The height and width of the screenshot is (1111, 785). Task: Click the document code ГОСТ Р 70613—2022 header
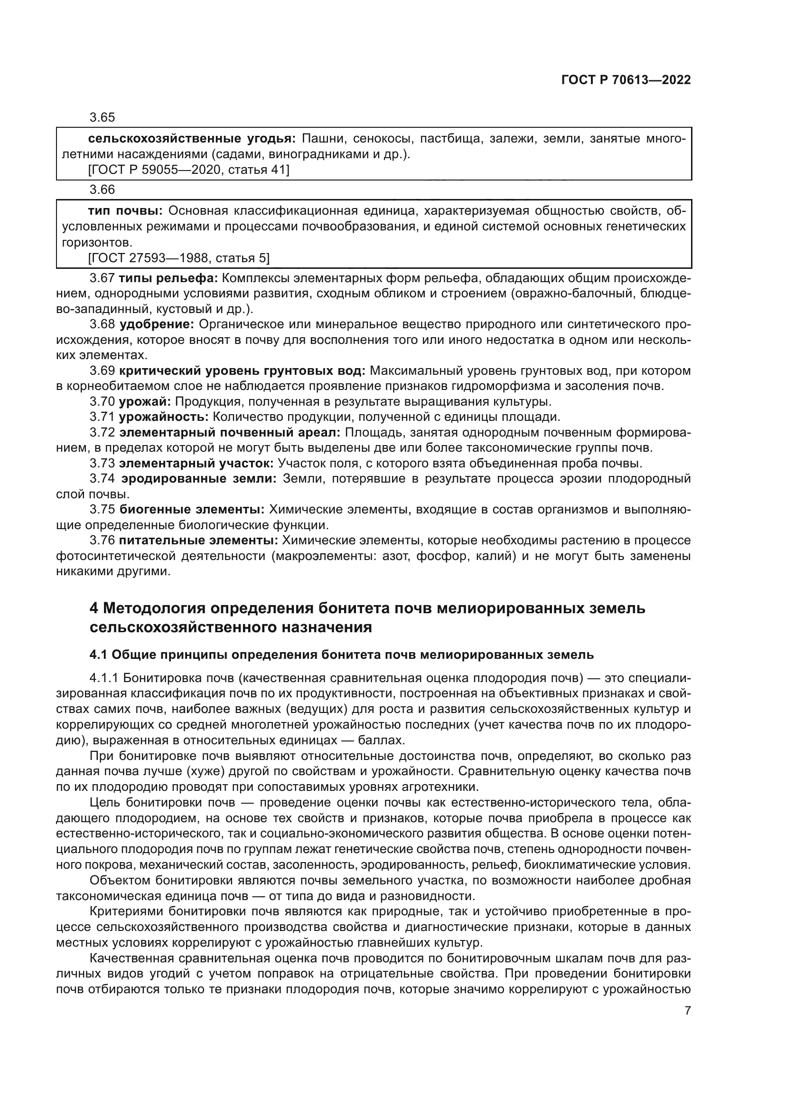(x=626, y=80)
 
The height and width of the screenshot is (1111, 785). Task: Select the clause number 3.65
(x=102, y=118)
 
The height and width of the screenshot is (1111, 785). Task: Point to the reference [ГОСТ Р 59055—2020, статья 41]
(x=188, y=170)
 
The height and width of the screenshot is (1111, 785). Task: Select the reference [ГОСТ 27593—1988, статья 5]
(x=179, y=258)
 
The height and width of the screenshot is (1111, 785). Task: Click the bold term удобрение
(x=157, y=324)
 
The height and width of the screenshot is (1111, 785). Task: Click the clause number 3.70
(x=102, y=402)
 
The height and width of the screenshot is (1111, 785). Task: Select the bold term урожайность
(x=163, y=417)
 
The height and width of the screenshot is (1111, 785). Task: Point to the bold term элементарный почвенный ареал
(x=230, y=433)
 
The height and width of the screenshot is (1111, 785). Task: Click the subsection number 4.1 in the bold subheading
(x=98, y=655)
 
